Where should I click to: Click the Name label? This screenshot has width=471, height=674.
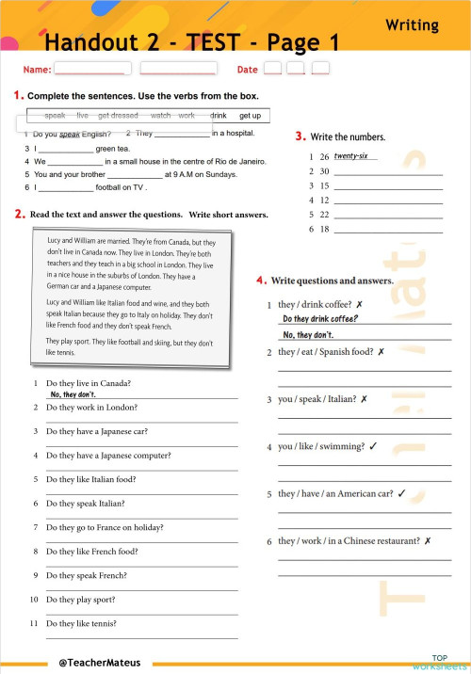(x=37, y=70)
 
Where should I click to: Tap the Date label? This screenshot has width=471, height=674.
(x=247, y=70)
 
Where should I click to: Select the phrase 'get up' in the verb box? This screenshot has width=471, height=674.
(x=250, y=116)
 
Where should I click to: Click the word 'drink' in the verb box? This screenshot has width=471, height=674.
(x=219, y=116)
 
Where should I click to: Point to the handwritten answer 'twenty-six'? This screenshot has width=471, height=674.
(x=350, y=155)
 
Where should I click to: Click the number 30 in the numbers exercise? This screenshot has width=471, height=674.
(x=324, y=171)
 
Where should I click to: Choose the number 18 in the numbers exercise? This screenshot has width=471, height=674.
(x=324, y=229)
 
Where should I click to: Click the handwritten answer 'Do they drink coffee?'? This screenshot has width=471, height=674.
(x=320, y=318)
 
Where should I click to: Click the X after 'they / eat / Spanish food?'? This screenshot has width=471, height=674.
(x=381, y=352)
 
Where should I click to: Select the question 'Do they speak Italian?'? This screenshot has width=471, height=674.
(x=86, y=504)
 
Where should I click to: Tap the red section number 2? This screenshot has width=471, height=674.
(x=19, y=215)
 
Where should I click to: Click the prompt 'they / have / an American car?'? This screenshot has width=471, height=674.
(x=335, y=493)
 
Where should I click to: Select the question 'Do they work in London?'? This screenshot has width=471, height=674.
(x=91, y=408)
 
